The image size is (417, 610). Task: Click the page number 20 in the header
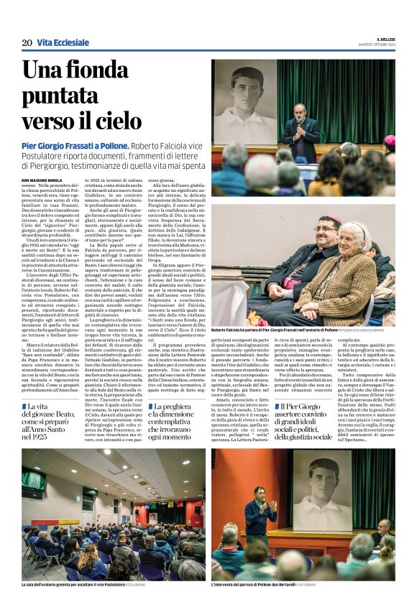(27, 43)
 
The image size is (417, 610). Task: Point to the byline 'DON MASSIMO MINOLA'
(46, 180)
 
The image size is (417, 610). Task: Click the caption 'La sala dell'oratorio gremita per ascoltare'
(73, 585)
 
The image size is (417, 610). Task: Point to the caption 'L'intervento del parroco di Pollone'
(265, 585)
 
